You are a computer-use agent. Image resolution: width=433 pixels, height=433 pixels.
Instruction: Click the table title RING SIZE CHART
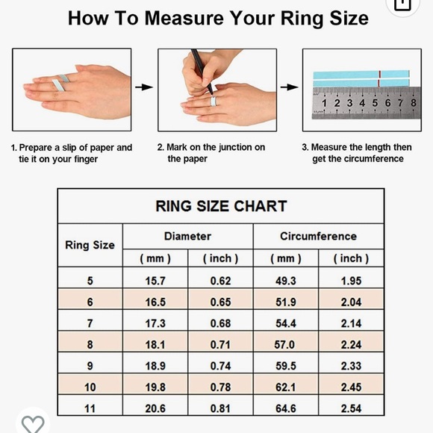(x=221, y=206)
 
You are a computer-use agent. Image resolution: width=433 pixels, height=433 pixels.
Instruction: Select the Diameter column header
(x=188, y=237)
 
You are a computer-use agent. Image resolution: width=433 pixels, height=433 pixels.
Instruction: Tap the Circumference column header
(x=318, y=237)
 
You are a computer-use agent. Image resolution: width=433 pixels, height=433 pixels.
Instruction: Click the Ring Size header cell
(x=90, y=245)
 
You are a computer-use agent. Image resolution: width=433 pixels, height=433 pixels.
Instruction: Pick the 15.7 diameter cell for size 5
(x=155, y=281)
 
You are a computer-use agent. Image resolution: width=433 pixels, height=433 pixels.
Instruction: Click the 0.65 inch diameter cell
(x=220, y=302)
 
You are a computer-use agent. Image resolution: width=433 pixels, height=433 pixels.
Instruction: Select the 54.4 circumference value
(x=286, y=323)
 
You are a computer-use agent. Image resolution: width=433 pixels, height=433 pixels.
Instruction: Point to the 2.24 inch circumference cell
(x=351, y=345)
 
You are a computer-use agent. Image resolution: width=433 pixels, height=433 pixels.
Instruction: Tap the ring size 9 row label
(x=90, y=366)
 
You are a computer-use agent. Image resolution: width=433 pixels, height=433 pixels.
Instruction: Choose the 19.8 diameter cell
(x=155, y=387)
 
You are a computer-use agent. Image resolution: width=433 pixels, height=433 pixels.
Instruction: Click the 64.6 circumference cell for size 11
(x=286, y=408)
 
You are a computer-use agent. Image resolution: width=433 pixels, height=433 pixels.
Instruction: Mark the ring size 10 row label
(x=90, y=387)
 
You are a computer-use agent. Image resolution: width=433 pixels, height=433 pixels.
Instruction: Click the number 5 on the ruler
(x=375, y=103)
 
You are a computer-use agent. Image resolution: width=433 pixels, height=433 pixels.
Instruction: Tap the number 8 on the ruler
(x=414, y=103)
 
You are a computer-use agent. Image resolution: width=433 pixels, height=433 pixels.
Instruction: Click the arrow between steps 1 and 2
(x=144, y=87)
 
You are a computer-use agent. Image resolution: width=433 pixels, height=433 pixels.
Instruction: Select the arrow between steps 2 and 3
(x=289, y=87)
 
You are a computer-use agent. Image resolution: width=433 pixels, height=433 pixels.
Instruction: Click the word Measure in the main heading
(x=184, y=19)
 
